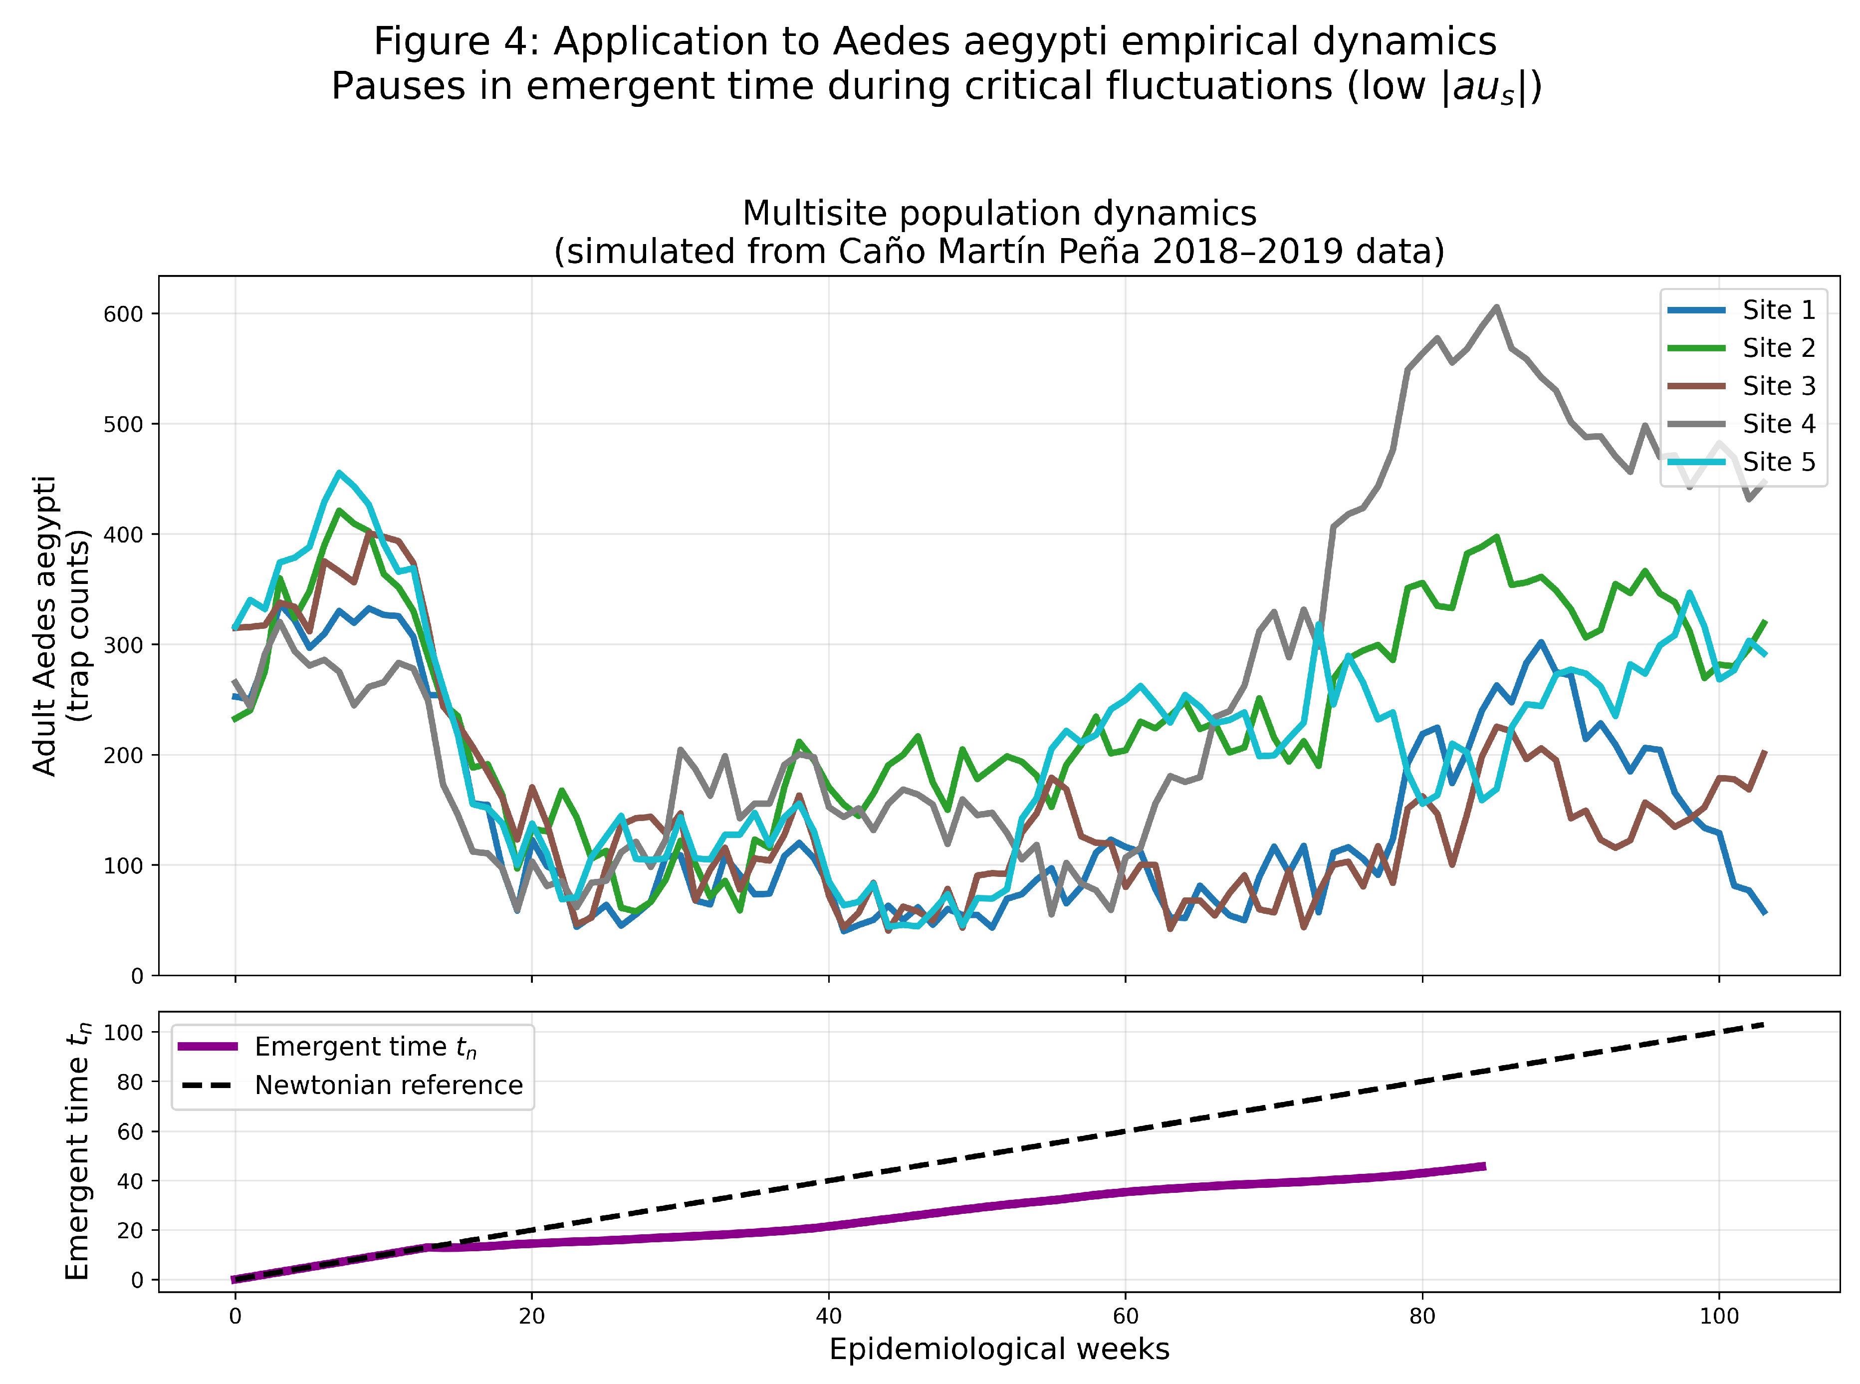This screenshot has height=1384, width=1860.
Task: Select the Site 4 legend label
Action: click(x=1779, y=424)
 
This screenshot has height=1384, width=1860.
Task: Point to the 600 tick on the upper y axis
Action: click(x=123, y=314)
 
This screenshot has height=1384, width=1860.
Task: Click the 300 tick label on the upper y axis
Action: click(x=123, y=645)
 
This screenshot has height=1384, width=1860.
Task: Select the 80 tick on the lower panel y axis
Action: click(x=130, y=1082)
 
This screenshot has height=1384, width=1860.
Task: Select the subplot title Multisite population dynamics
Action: click(x=998, y=214)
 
